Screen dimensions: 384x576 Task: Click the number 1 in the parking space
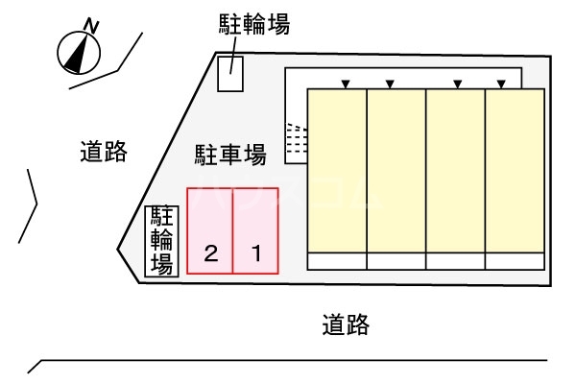(256, 254)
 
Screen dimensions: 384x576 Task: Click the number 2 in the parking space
(211, 254)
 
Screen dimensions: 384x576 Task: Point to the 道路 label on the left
(104, 152)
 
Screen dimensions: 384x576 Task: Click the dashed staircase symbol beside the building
(297, 142)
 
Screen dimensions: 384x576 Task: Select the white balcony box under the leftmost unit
(337, 260)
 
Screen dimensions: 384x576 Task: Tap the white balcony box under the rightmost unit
(515, 260)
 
